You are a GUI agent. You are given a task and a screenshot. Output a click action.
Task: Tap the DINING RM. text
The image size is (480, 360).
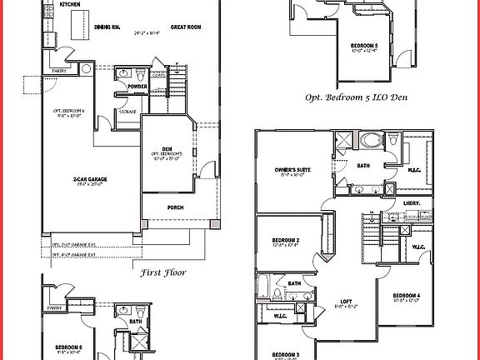108,27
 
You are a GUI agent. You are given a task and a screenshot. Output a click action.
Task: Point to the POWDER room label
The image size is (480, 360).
138,87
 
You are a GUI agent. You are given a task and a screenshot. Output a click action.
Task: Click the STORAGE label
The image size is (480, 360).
127,110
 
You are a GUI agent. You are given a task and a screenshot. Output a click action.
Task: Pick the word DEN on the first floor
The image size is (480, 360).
167,148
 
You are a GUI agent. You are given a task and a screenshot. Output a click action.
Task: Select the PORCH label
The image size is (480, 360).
175,207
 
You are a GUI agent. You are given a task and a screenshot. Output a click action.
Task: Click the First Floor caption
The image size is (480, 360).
162,272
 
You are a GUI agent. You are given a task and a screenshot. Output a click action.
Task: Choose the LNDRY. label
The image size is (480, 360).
411,202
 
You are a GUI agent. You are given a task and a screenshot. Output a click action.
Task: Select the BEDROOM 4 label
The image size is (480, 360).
406,296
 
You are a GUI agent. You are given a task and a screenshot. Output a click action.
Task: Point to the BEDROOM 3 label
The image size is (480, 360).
286,354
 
